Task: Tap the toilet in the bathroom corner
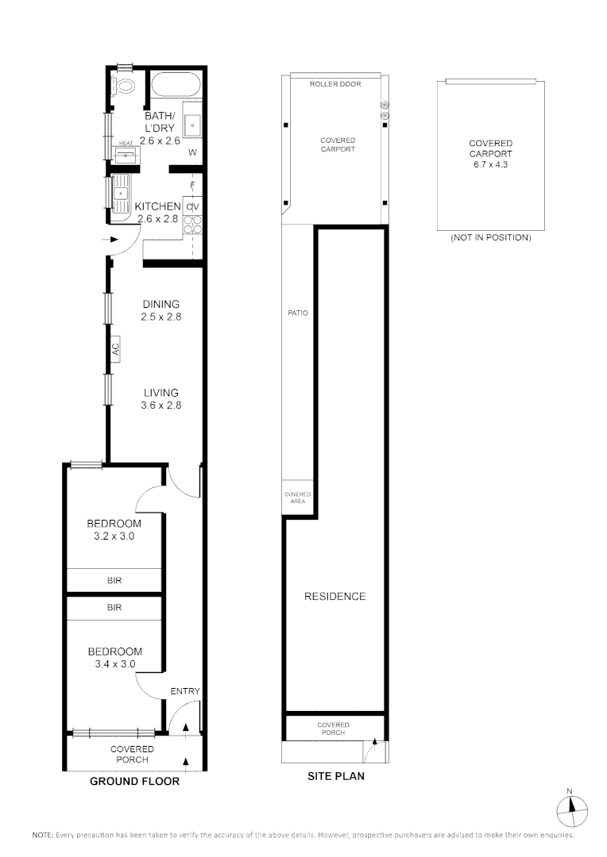coord(125,86)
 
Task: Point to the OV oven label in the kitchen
coord(191,207)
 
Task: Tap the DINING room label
coord(160,304)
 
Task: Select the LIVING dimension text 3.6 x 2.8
coord(160,405)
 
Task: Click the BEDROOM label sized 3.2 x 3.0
coord(114,524)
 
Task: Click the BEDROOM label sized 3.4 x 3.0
coord(114,651)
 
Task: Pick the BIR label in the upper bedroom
coord(114,581)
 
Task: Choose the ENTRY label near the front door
coord(185,691)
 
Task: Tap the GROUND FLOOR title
coord(134,782)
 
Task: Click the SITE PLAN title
coord(336,776)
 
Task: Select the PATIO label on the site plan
coord(298,313)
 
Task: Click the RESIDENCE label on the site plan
coord(336,597)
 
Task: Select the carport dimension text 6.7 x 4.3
coord(490,164)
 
